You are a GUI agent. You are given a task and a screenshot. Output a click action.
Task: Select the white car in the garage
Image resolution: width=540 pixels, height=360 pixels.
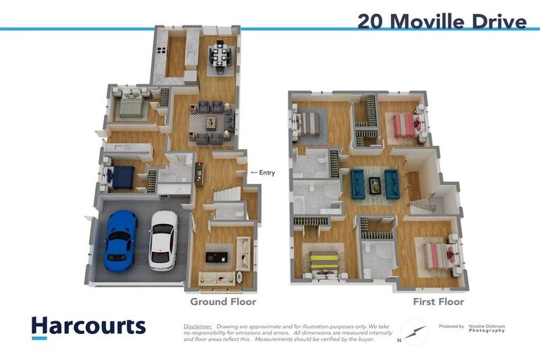(163, 240)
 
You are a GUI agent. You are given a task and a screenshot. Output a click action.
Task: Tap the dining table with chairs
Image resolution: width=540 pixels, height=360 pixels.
(220, 57)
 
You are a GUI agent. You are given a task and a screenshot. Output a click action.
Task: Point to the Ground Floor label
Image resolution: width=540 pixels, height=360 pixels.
(223, 302)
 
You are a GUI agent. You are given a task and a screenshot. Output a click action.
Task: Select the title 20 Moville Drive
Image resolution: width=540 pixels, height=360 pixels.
(442, 21)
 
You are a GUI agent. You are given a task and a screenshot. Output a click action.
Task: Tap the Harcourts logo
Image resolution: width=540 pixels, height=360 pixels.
(88, 326)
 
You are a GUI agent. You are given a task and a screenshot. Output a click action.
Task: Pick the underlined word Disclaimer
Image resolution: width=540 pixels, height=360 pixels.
(198, 327)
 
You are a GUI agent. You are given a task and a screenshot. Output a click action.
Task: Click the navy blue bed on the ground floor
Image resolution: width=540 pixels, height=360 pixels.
(120, 177)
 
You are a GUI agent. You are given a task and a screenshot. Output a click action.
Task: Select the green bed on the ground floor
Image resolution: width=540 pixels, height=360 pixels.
(131, 106)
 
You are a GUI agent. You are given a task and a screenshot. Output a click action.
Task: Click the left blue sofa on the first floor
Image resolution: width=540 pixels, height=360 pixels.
(359, 184)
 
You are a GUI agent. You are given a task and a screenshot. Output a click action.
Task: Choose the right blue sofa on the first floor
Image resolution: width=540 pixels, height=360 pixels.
(392, 184)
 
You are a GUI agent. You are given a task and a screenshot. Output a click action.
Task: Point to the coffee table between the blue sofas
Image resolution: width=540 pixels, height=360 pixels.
(375, 185)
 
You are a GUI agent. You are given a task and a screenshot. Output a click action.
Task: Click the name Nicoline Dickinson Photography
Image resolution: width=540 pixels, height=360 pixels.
(487, 328)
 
